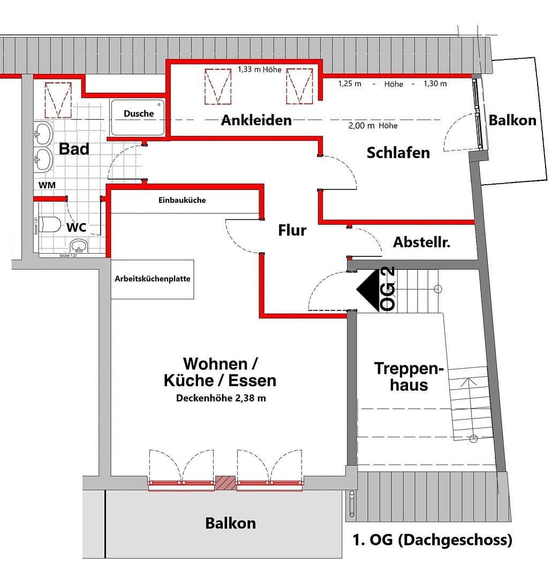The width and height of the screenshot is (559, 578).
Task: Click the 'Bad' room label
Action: point(74,149)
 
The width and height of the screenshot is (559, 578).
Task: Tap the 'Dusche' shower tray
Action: point(138,117)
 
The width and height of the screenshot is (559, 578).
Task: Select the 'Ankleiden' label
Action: point(256,120)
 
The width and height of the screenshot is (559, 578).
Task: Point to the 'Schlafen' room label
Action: point(398,153)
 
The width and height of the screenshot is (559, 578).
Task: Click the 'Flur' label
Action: point(292,230)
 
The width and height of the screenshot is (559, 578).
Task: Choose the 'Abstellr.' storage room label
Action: point(421,242)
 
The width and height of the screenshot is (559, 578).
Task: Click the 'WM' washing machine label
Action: point(46,185)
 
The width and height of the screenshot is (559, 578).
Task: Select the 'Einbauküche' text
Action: point(182,200)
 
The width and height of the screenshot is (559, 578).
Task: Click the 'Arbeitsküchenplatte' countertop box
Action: point(153,279)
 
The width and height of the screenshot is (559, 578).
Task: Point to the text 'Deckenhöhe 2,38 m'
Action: point(221,398)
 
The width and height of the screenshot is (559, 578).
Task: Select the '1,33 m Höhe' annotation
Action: point(259,70)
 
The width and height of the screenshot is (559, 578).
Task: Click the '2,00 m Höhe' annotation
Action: point(373,126)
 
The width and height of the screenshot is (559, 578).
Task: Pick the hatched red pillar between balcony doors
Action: point(225,483)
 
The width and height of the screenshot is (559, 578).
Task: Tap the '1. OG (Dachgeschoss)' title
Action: point(432,540)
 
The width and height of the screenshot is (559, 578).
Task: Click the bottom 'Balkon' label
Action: point(230,523)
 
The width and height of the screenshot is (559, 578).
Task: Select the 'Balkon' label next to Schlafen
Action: point(512,120)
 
